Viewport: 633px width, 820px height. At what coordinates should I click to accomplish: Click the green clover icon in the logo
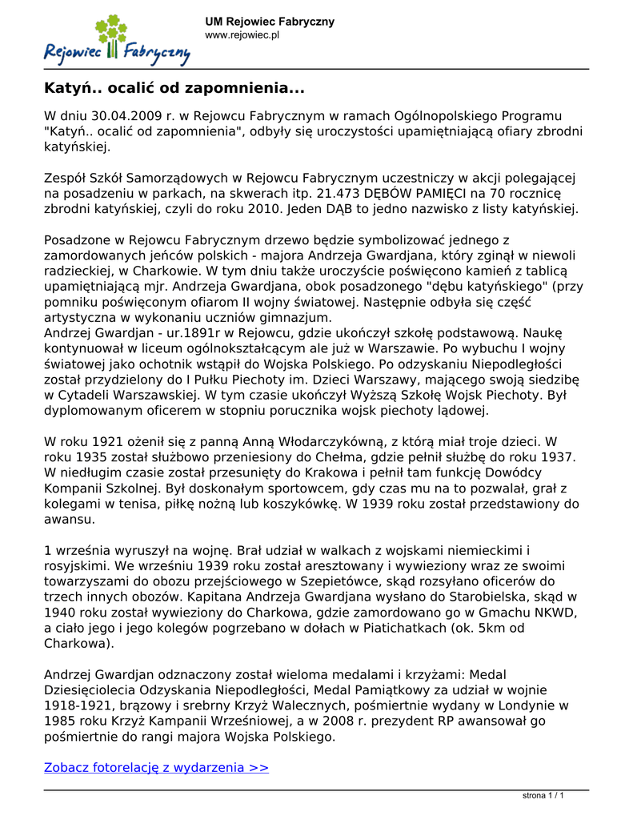pyautogui.click(x=111, y=30)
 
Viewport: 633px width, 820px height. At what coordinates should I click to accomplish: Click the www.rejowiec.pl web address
pyautogui.click(x=242, y=35)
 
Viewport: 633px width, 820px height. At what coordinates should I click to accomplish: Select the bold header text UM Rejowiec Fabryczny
pyautogui.click(x=270, y=22)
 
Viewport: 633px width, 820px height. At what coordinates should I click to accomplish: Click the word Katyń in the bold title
pyautogui.click(x=69, y=86)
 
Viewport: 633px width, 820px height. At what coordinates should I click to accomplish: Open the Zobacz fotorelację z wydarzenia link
pyautogui.click(x=156, y=767)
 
